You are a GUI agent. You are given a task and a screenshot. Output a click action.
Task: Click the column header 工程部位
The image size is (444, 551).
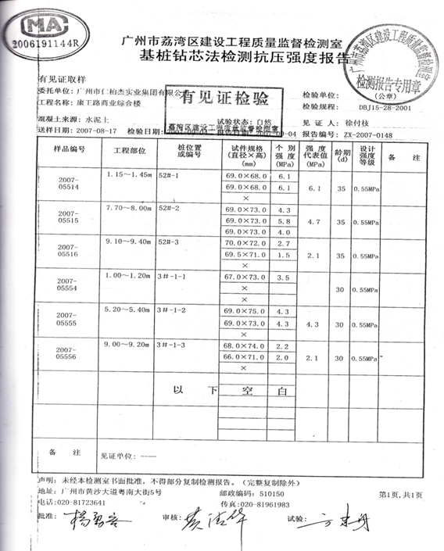129,148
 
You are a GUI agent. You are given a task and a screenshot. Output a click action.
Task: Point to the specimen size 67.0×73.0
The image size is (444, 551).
241,277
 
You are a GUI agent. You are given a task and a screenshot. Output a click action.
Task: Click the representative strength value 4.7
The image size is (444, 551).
314,222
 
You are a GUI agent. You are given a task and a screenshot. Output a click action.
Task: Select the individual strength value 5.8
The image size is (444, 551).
284,221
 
